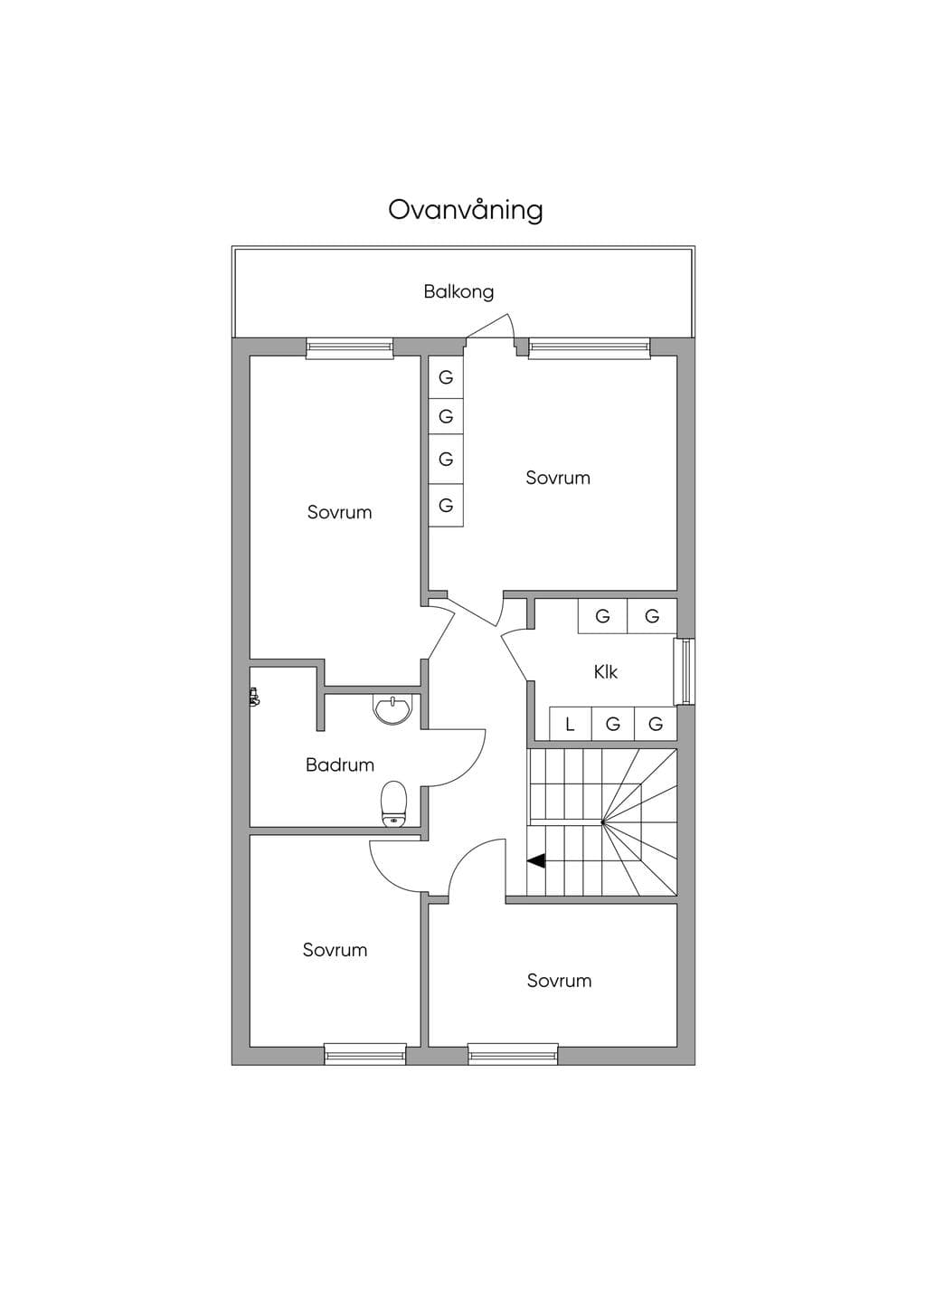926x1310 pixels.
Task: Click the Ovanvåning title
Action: (x=466, y=211)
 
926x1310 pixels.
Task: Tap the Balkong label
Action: (x=458, y=291)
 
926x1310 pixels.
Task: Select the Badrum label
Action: (x=340, y=765)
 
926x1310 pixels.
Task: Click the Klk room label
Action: (x=606, y=672)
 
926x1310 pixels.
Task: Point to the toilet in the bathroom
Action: (x=394, y=804)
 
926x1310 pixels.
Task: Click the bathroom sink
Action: (x=392, y=709)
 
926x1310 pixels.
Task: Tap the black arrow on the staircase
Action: (x=536, y=861)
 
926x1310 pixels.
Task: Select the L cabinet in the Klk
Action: (x=571, y=724)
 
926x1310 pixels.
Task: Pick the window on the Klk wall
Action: (x=684, y=671)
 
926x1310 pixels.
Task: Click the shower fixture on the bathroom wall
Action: (x=254, y=697)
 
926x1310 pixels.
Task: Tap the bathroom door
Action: (x=457, y=757)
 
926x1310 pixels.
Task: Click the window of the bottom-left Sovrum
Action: (x=365, y=1055)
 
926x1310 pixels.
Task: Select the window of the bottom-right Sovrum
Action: (x=513, y=1055)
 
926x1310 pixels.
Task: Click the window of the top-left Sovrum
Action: (x=350, y=348)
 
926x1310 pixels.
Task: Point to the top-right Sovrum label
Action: (x=558, y=478)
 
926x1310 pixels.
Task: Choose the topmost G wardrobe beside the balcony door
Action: (x=446, y=377)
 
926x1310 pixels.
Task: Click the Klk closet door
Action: (x=515, y=654)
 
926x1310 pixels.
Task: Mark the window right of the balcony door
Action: (x=590, y=348)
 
